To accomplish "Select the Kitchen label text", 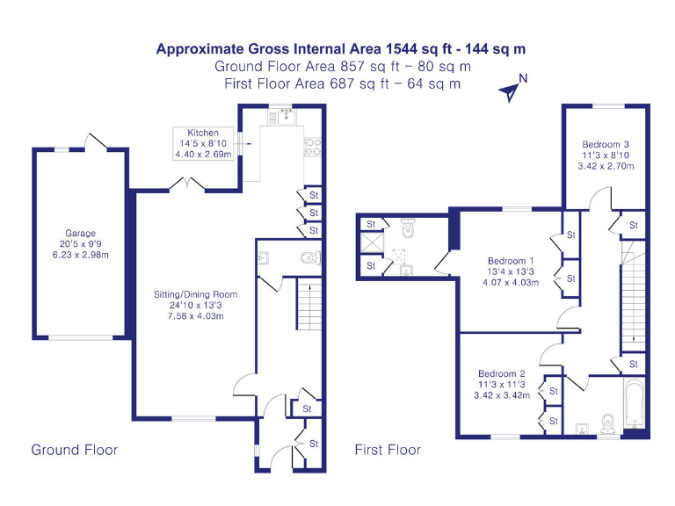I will point(203,133).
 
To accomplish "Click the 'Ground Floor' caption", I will point(75,450).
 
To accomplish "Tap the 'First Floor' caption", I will point(388,450).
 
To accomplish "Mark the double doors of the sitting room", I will point(189,184).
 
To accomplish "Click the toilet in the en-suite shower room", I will point(409,229).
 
